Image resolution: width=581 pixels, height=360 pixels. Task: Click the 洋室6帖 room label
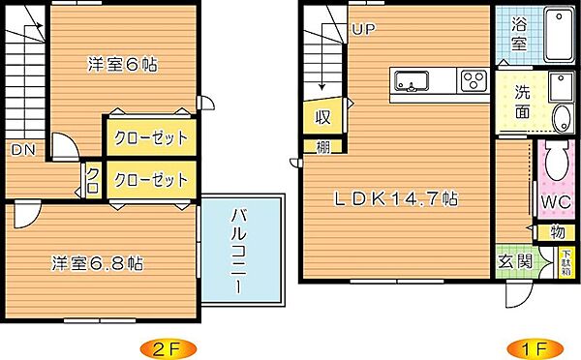pyautogui.click(x=122, y=65)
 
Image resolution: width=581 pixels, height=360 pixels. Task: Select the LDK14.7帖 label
pyautogui.click(x=397, y=199)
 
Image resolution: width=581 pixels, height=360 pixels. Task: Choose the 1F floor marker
pyautogui.click(x=521, y=346)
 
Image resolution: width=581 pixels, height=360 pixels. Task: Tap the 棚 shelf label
pyautogui.click(x=321, y=147)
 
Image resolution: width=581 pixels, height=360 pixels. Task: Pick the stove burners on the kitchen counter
pyautogui.click(x=474, y=79)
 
